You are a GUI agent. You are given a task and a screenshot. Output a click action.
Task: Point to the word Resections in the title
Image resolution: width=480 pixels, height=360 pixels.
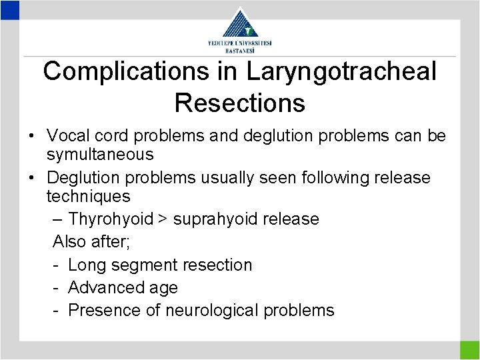pyautogui.click(x=239, y=103)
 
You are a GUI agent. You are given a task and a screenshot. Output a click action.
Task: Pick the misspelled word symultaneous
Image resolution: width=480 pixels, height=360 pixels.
pyautogui.click(x=100, y=155)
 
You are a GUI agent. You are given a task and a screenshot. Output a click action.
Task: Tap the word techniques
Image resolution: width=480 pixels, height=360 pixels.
pyautogui.click(x=88, y=197)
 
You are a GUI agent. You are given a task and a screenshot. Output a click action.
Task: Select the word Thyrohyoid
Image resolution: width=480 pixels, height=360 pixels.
pyautogui.click(x=111, y=219)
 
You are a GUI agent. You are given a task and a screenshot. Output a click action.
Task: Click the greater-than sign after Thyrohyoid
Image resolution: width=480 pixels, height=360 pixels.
pyautogui.click(x=163, y=219)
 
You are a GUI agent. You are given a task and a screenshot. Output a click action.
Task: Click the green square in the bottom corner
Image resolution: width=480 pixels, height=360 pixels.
pyautogui.click(x=469, y=350)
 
